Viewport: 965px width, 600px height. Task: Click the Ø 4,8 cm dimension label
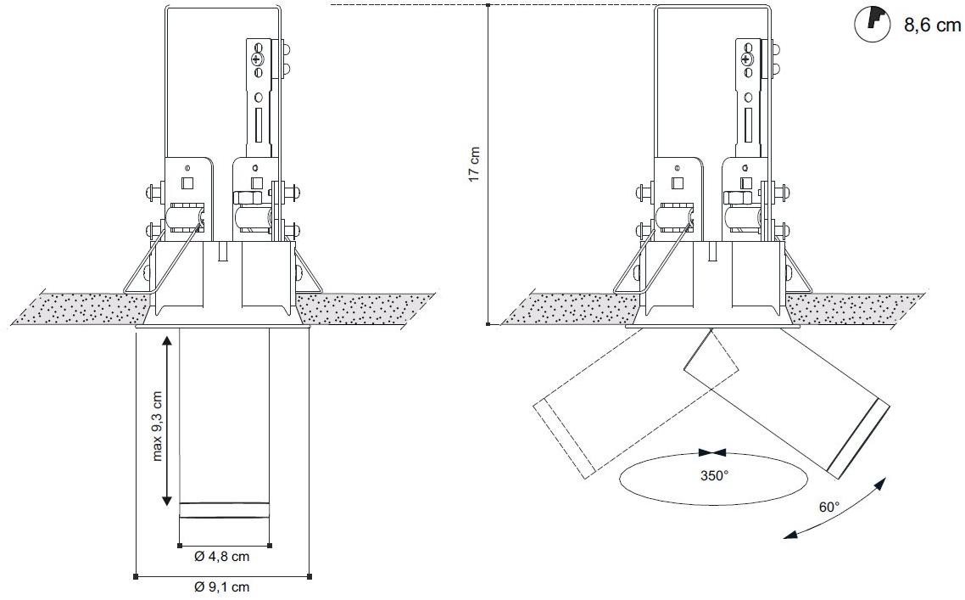221,556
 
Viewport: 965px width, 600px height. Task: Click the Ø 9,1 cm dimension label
221,587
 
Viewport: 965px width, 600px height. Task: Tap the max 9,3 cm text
158,426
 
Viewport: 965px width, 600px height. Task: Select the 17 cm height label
473,165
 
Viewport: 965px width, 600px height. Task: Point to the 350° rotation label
714,475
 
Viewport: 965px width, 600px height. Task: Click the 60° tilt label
829,507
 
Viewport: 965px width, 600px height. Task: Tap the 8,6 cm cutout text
932,25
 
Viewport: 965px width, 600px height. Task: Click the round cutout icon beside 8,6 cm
873,24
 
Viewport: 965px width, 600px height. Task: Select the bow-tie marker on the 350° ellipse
712,453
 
